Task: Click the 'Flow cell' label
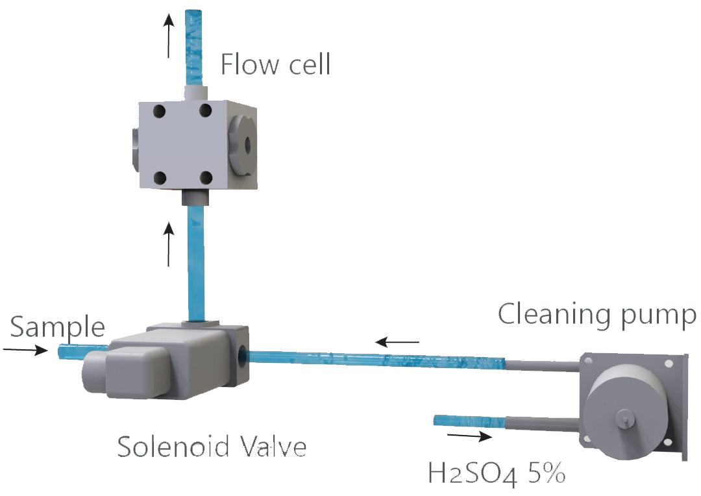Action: point(275,65)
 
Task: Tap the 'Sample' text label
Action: point(58,327)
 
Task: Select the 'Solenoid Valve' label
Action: point(212,447)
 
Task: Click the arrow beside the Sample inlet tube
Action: point(25,351)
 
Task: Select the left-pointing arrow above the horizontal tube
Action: point(398,340)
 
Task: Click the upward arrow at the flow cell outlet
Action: point(169,36)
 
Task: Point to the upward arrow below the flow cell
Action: point(169,244)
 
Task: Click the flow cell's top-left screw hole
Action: point(160,111)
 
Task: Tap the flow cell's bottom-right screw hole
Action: point(205,177)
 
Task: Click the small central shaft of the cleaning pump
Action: point(624,419)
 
